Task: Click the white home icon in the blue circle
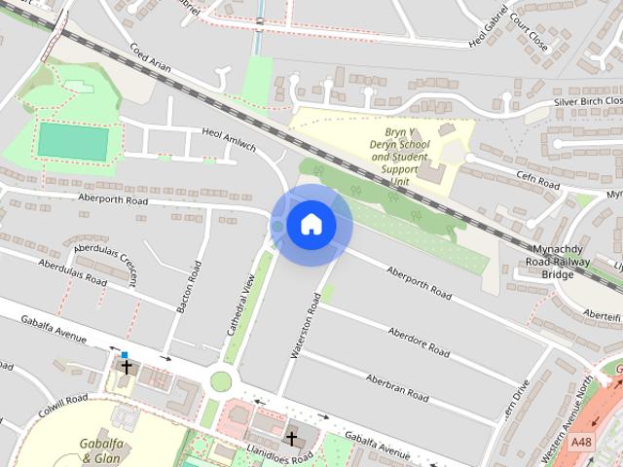311,224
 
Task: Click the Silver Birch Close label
587,101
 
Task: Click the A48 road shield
581,442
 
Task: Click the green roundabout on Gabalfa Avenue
221,380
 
